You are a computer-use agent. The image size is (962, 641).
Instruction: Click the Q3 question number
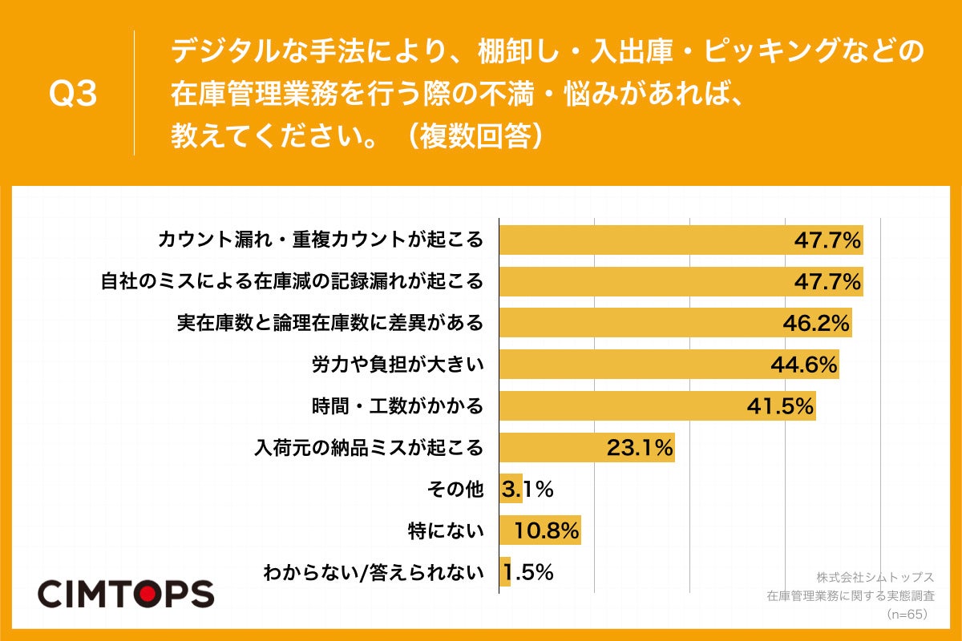point(73,95)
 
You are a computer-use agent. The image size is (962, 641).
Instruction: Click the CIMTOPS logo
point(126,594)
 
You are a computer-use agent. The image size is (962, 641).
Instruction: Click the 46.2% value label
point(815,323)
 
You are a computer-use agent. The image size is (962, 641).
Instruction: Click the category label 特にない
point(447,530)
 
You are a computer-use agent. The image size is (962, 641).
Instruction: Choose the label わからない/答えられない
point(374,572)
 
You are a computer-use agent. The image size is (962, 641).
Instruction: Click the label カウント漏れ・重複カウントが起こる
point(321,240)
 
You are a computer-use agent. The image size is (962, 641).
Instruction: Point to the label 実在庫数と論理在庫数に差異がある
point(330,323)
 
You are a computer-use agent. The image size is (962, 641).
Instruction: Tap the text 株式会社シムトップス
point(875,577)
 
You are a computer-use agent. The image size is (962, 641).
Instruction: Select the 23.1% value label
point(639,447)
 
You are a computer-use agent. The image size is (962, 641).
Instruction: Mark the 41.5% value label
point(780,405)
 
